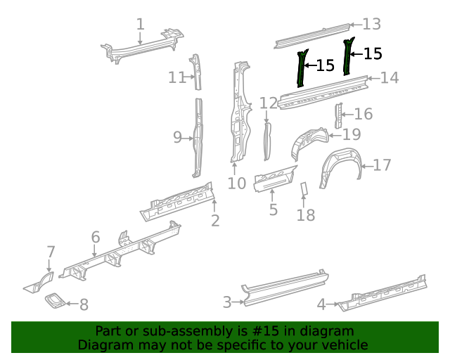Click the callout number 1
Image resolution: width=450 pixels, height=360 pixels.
[x=141, y=25]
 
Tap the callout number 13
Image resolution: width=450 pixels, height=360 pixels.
[x=371, y=25]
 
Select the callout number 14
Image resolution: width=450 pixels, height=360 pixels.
[x=389, y=77]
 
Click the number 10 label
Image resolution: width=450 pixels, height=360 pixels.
[x=237, y=184]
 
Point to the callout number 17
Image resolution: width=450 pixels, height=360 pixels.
[x=382, y=165]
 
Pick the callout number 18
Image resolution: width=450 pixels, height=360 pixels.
[x=306, y=214]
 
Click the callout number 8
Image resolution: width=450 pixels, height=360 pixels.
[x=84, y=304]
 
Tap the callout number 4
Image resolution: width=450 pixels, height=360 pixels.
[x=321, y=304]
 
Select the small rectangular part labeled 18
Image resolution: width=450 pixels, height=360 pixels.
[x=304, y=188]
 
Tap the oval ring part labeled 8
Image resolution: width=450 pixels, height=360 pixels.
[x=56, y=301]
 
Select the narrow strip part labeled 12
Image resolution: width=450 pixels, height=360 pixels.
[x=267, y=141]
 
